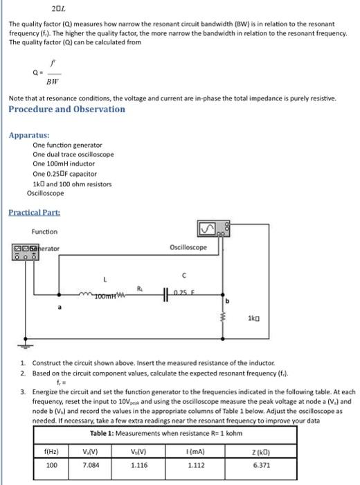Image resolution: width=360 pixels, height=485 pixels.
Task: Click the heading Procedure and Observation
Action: pyautogui.click(x=66, y=109)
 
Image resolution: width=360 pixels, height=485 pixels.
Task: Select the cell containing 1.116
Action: pyautogui.click(x=138, y=466)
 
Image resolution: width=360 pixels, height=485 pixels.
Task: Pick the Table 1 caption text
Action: pyautogui.click(x=163, y=433)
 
